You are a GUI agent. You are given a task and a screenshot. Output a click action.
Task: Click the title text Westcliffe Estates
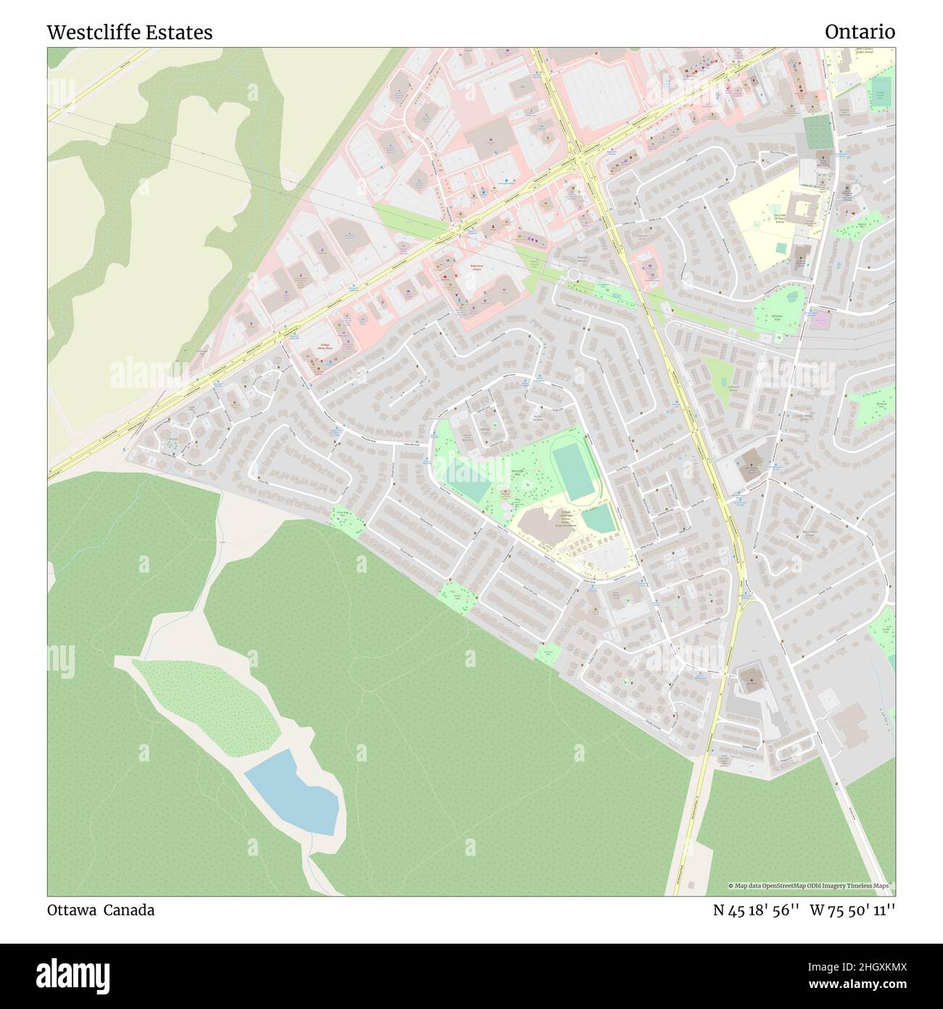pyautogui.click(x=130, y=32)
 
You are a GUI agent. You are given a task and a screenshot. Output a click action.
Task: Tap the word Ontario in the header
pyautogui.click(x=860, y=32)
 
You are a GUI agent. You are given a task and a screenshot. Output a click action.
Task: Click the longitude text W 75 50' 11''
pyautogui.click(x=852, y=910)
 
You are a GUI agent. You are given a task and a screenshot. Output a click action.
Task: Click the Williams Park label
pyautogui.click(x=777, y=316)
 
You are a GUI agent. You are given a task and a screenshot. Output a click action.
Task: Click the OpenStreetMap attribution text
pyautogui.click(x=811, y=886)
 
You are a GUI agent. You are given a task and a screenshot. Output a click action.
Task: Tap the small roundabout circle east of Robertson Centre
pyautogui.click(x=574, y=274)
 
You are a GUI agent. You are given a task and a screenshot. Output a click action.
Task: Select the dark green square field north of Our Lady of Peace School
pyautogui.click(x=818, y=132)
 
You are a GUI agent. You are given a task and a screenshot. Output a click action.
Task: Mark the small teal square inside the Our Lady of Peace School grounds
pyautogui.click(x=780, y=248)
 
